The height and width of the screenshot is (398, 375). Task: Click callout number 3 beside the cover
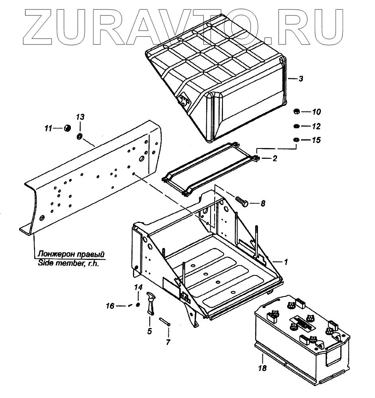coord(301,79)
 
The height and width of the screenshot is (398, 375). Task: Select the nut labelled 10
coord(296,111)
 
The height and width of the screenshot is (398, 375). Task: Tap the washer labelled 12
coord(296,126)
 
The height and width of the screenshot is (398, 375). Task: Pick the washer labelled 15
coord(296,140)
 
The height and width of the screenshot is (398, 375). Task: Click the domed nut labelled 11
coord(67,128)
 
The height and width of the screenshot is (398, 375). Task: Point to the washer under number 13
coord(79,137)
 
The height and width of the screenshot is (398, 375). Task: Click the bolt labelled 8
coord(242,201)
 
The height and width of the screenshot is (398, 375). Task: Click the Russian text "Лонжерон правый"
coord(71,254)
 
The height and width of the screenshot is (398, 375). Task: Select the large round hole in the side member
coord(141,159)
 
